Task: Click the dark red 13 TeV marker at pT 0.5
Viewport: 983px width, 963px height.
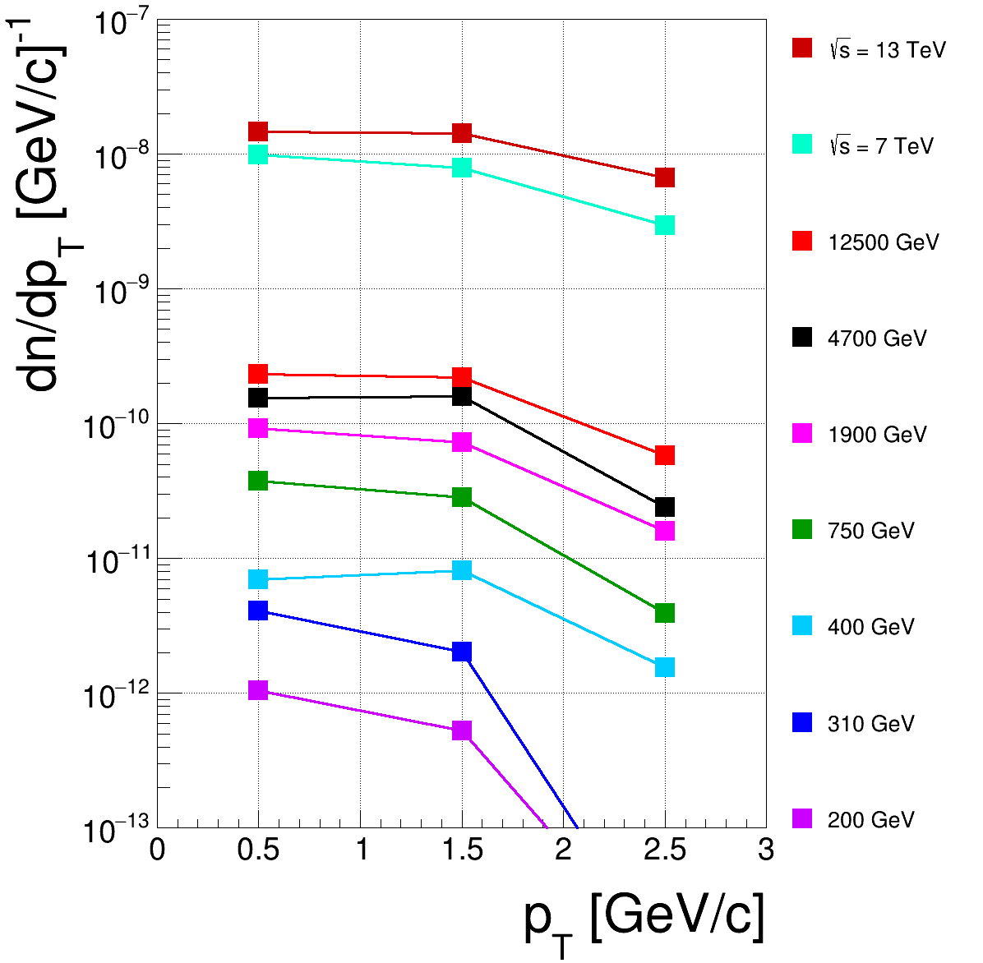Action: tap(258, 131)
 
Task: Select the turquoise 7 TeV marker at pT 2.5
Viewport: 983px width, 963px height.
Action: tap(665, 225)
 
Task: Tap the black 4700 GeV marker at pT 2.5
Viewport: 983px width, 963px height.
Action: tap(665, 507)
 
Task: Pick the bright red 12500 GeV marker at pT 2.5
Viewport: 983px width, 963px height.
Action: tap(665, 455)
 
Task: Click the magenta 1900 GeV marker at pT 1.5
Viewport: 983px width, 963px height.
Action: tap(462, 442)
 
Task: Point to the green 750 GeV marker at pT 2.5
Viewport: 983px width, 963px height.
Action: tap(665, 613)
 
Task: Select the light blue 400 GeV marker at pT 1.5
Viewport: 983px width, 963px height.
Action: tap(462, 570)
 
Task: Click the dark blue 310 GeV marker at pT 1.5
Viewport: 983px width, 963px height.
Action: tap(462, 652)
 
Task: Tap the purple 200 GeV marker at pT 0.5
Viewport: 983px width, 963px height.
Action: tap(258, 690)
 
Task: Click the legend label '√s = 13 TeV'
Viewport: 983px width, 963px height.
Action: tap(887, 50)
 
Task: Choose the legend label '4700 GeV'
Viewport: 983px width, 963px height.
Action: tap(877, 339)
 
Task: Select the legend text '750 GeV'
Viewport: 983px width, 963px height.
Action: tap(870, 531)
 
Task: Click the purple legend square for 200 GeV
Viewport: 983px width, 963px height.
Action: tap(802, 818)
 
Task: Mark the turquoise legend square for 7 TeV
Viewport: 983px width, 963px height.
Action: tap(802, 145)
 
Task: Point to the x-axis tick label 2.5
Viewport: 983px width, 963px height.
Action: tap(665, 850)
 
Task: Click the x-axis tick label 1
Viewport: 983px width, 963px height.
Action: tap(361, 850)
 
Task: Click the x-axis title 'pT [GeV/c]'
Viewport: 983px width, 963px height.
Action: tap(644, 919)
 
